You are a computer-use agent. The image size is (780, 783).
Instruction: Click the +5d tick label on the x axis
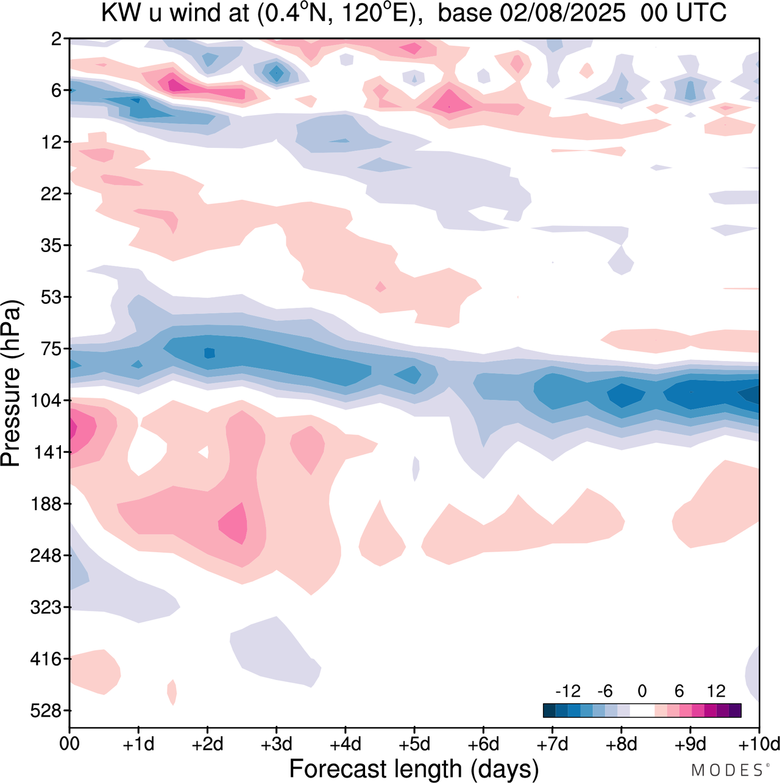[x=414, y=744]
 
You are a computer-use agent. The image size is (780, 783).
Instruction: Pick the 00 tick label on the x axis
[x=69, y=744]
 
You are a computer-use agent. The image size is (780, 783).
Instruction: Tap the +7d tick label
[x=552, y=744]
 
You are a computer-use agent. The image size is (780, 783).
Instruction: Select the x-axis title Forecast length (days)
[x=414, y=768]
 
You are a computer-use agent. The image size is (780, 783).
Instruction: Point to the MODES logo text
[x=726, y=770]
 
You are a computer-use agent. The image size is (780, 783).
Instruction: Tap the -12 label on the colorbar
[x=568, y=691]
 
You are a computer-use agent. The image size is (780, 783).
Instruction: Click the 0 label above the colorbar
[x=642, y=691]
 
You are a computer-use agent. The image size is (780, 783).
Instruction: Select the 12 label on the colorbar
[x=716, y=691]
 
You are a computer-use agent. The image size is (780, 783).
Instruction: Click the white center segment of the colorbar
[x=642, y=710]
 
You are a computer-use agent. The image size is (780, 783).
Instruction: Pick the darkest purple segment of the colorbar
[x=735, y=710]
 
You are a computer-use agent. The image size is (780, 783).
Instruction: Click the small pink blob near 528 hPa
[x=172, y=692]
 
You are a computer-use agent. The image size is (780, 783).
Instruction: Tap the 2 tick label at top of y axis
[x=57, y=39]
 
